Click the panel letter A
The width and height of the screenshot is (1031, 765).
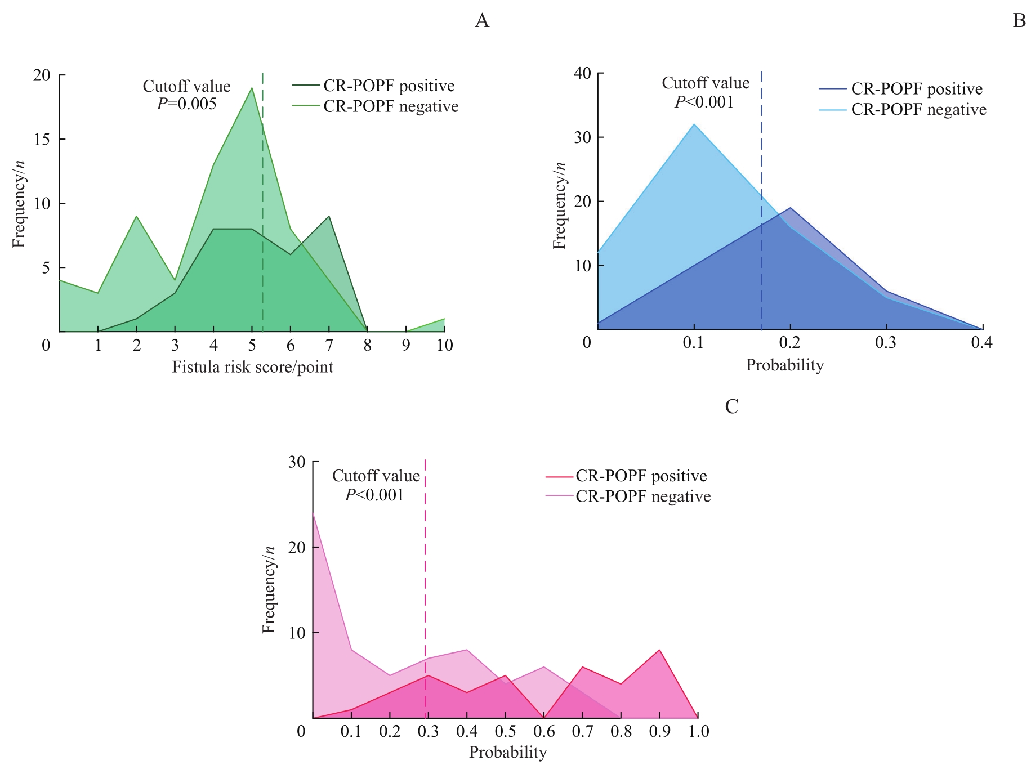[x=482, y=21]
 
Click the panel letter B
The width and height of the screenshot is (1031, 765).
[x=1019, y=21]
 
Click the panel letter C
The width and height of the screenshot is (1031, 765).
[x=731, y=406]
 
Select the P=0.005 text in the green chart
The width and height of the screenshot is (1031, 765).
[x=186, y=104]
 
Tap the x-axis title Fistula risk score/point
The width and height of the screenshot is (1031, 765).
[x=252, y=368]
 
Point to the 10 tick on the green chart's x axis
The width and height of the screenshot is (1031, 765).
[x=445, y=345]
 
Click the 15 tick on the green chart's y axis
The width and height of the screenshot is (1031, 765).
[x=42, y=139]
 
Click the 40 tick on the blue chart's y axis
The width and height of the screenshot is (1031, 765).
[x=582, y=74]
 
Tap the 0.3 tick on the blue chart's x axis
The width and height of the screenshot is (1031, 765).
[x=886, y=343]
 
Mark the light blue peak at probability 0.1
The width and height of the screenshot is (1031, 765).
[x=694, y=124]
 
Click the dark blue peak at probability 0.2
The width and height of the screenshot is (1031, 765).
[x=791, y=208]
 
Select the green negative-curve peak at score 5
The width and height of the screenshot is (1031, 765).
[x=252, y=88]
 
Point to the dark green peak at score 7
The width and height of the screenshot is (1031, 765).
[x=329, y=216]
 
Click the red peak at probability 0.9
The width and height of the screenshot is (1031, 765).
[x=659, y=650]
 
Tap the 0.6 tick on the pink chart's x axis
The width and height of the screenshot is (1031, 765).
[x=544, y=731]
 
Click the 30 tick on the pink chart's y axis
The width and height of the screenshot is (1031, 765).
[x=297, y=462]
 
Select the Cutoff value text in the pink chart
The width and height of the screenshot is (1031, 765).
[x=376, y=476]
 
